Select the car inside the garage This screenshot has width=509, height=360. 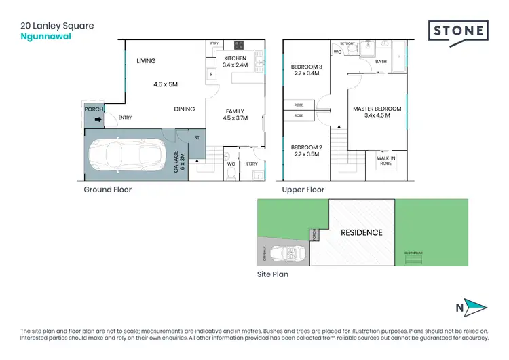(126, 156)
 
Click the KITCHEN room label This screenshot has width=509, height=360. (235, 58)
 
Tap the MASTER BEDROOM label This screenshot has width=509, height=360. (377, 109)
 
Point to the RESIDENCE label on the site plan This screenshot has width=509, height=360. (361, 232)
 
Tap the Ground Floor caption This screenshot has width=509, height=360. (107, 190)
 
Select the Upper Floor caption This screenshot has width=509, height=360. (303, 190)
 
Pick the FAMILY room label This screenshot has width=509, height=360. (235, 111)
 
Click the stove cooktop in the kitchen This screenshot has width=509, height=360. (240, 46)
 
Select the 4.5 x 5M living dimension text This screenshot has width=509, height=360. (165, 84)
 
